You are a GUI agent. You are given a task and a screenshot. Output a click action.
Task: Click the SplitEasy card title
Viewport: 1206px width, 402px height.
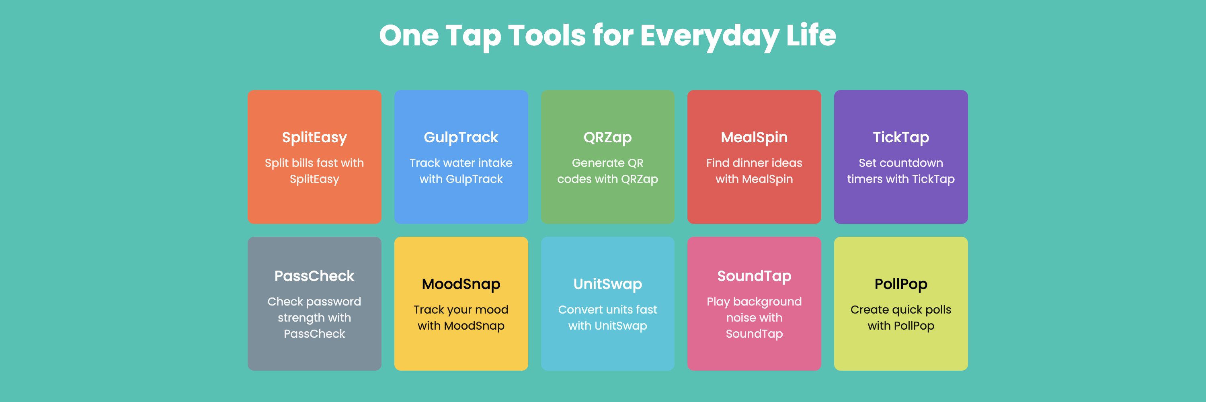tap(314, 137)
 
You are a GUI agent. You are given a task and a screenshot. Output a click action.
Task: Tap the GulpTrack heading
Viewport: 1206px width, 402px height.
tap(461, 137)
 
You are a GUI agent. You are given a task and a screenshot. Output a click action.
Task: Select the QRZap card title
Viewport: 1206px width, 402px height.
tap(607, 137)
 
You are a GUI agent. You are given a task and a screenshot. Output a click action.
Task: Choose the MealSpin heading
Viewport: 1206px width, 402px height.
tap(754, 137)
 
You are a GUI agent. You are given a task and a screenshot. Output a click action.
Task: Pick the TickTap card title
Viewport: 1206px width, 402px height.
tap(900, 137)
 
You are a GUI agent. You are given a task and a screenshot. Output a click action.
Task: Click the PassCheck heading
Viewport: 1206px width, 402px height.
tap(314, 276)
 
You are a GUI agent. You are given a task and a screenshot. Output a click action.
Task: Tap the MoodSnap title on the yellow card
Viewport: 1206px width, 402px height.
tap(461, 284)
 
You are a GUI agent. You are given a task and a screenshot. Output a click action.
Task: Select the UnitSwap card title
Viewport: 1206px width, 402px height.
tap(607, 284)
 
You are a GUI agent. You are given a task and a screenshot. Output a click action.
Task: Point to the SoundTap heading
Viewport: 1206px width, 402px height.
tap(754, 276)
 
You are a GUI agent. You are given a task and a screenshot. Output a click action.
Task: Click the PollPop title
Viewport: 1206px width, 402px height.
tap(900, 284)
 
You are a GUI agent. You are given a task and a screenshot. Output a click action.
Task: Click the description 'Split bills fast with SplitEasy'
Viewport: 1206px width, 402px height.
tap(314, 171)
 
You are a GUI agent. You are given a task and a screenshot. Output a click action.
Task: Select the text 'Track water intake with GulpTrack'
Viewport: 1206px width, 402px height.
tap(461, 171)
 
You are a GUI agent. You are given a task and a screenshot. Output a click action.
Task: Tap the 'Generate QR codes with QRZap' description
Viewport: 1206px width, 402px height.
tap(607, 171)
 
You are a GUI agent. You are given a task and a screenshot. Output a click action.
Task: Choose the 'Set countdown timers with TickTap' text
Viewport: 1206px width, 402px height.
tap(900, 171)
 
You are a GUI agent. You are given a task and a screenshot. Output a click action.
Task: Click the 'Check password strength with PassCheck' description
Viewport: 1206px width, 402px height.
tap(314, 317)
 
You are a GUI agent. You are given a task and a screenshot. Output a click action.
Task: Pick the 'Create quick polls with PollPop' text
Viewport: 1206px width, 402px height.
tap(900, 317)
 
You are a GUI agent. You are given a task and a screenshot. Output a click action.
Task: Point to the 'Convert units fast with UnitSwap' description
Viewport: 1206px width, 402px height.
tap(607, 317)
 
